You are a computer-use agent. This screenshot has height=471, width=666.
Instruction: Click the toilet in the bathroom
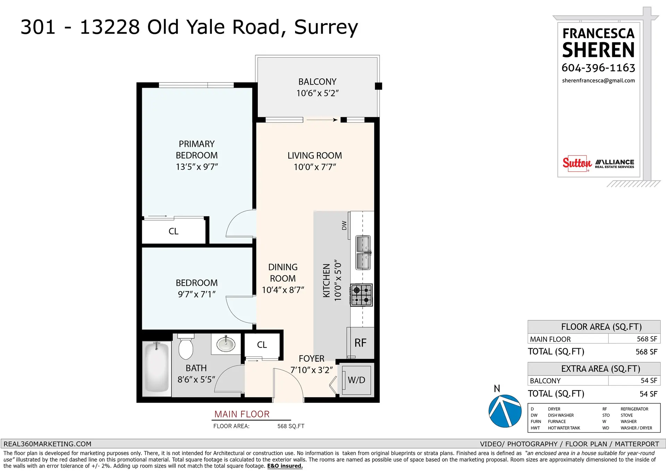point(186,346)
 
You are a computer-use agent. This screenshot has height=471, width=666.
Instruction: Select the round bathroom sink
point(226,344)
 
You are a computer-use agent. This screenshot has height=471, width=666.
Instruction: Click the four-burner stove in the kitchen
point(361,295)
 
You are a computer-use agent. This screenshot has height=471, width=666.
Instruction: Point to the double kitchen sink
point(363,252)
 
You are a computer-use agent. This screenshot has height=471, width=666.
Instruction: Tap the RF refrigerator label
point(360,343)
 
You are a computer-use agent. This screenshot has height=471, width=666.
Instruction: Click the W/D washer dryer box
point(357,380)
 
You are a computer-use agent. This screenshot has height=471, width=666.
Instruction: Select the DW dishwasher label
point(344,225)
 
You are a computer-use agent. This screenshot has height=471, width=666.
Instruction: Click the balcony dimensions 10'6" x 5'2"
point(317,93)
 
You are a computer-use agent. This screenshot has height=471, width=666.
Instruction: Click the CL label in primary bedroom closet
point(173,231)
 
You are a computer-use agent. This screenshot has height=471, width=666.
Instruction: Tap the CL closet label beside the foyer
point(262,345)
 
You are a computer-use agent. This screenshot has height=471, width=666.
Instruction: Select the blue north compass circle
point(505,411)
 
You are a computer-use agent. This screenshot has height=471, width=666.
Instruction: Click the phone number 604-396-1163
point(598,68)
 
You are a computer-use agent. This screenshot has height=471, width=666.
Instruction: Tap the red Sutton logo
point(577,163)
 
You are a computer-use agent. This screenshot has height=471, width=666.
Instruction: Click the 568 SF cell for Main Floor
point(647,339)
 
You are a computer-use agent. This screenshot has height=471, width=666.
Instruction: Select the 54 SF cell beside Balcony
point(648,380)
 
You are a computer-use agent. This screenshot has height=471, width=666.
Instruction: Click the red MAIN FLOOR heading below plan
point(242,414)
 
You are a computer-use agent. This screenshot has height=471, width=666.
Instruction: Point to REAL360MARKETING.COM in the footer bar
point(48,444)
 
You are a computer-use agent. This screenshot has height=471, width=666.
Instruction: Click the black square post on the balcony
point(378,86)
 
